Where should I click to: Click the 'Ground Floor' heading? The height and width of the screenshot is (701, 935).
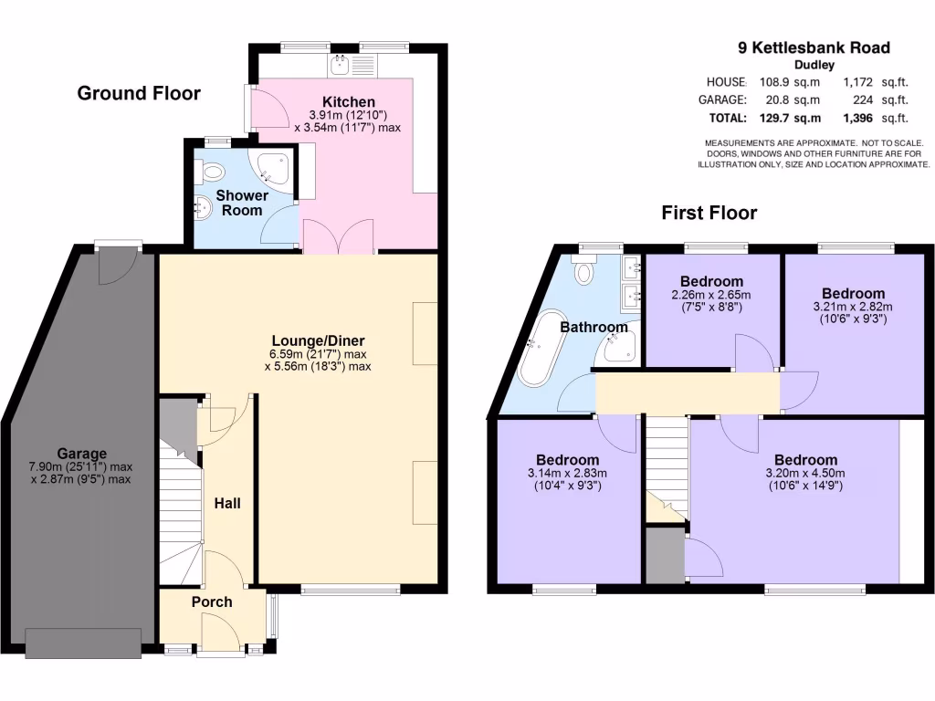pos(139,93)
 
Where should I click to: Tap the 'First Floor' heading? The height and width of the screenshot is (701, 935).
pos(709,214)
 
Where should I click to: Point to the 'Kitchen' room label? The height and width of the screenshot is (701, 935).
pos(348,101)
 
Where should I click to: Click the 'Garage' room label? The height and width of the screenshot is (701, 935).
pos(81,454)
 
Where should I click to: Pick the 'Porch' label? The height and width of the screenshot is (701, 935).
pos(211,602)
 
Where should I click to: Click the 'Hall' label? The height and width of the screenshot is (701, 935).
pos(226,503)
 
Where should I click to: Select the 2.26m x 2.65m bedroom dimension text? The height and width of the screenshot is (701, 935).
pos(711,295)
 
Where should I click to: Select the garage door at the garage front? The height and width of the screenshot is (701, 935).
pos(83,643)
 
